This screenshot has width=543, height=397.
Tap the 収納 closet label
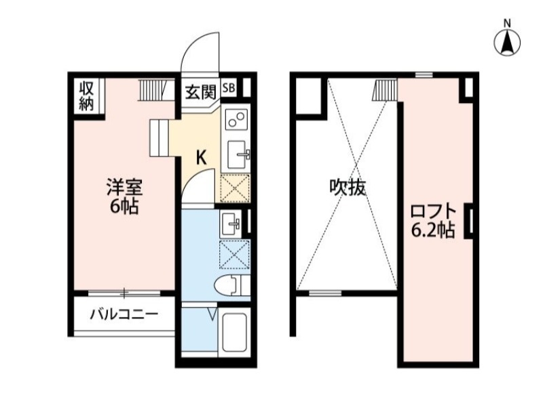click(x=86, y=96)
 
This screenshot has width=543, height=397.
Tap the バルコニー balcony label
click(x=124, y=314)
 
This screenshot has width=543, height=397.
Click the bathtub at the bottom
click(x=235, y=333)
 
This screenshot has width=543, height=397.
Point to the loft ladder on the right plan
click(x=385, y=89)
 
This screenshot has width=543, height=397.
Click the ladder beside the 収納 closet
click(x=153, y=89)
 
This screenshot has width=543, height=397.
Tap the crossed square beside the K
click(x=236, y=188)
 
